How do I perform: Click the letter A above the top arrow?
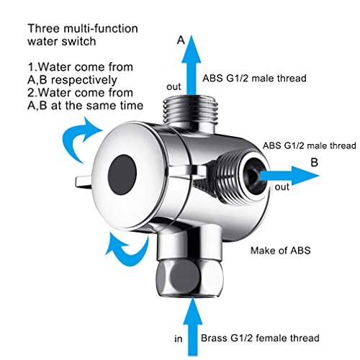[181, 40]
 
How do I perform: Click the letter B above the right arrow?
[315, 162]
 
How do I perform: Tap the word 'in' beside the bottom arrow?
[179, 339]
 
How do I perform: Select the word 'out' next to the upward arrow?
[174, 87]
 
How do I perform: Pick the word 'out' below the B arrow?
[282, 187]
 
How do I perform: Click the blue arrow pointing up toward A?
[192, 65]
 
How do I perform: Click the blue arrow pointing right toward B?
[289, 175]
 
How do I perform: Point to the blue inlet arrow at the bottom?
[192, 326]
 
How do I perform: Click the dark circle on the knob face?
[122, 174]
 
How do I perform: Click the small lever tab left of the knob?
[83, 181]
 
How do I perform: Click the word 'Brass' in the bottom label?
[214, 338]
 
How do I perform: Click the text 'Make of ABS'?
[281, 251]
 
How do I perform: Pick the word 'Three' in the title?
[43, 28]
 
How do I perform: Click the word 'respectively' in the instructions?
[84, 81]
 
